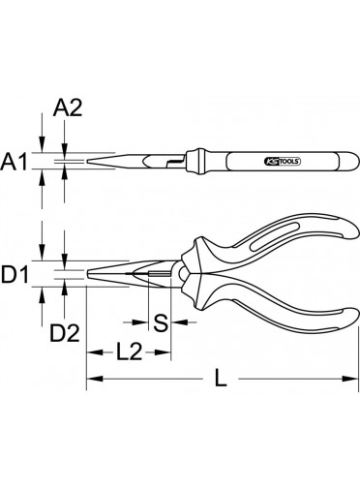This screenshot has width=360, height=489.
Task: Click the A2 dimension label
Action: [68, 107]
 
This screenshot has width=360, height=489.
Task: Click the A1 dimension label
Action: [15, 162]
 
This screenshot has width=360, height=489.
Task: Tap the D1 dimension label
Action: [15, 275]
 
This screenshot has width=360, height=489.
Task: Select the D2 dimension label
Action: [65, 333]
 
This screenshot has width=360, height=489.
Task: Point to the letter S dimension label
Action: [161, 322]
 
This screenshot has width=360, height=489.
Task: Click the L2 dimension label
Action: [129, 351]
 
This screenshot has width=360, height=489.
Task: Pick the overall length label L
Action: [221, 378]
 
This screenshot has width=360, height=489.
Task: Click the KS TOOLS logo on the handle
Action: [283, 161]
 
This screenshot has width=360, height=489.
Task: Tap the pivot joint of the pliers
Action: [183, 275]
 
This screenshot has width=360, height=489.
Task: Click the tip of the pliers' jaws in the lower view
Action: [88, 275]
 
